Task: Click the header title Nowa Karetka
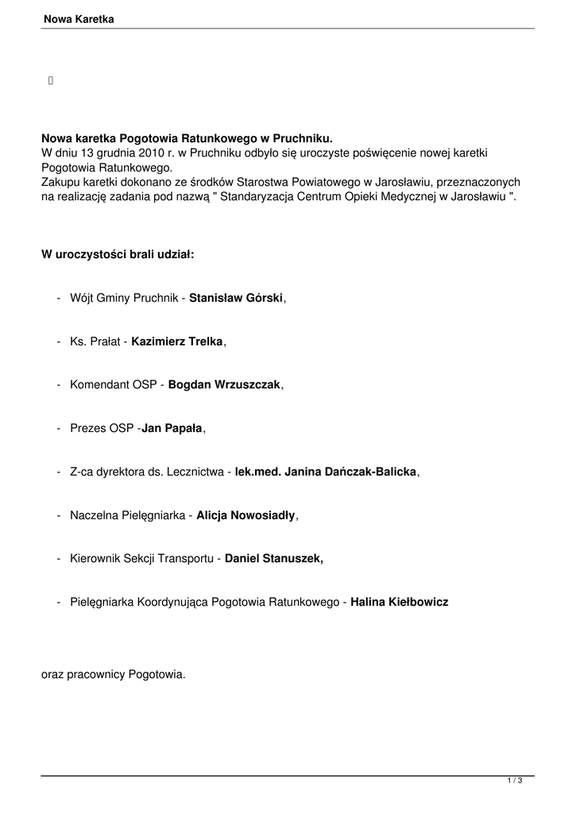coord(79,18)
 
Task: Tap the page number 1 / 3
coord(515,783)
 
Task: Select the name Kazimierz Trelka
coord(178,341)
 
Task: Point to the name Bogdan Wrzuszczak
coord(225,385)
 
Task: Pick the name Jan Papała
coord(172,429)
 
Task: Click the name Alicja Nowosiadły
coord(246,515)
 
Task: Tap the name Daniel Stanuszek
coord(274,559)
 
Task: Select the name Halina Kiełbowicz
coord(400,603)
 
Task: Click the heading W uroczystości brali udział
coord(118,255)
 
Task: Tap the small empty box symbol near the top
coord(51,79)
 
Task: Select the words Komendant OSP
coord(114,385)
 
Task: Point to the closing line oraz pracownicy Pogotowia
coord(113,675)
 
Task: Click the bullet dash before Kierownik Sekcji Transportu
coord(60,559)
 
